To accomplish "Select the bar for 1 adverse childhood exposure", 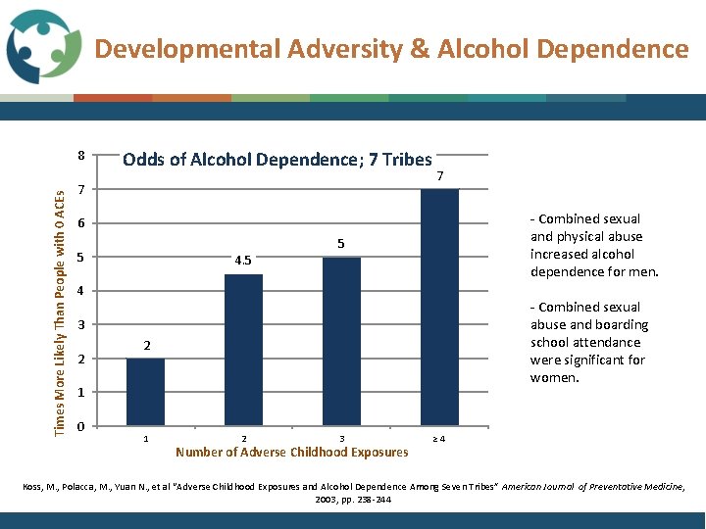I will (145, 391).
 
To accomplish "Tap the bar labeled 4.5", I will (243, 349).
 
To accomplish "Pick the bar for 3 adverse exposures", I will (341, 340).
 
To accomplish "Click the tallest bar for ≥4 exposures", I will (439, 307).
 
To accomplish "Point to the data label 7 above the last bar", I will (440, 176).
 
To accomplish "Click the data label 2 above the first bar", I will (145, 346).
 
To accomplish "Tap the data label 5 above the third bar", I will (341, 244).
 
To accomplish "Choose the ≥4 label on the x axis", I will (439, 438).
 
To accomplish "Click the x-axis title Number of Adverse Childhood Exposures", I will (291, 453).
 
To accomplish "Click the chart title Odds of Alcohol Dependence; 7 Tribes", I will (277, 160).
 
